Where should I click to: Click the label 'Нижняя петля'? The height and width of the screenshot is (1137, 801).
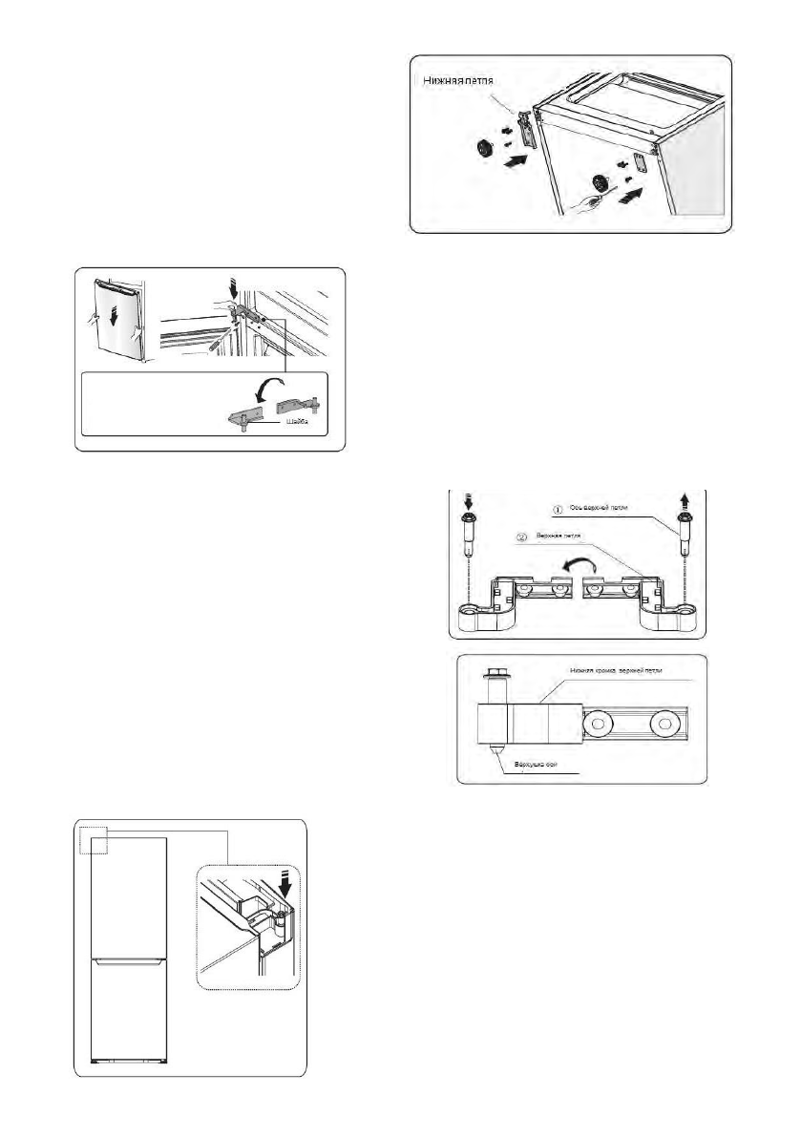click(x=465, y=82)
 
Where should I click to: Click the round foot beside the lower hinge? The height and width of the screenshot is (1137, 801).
click(x=483, y=150)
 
